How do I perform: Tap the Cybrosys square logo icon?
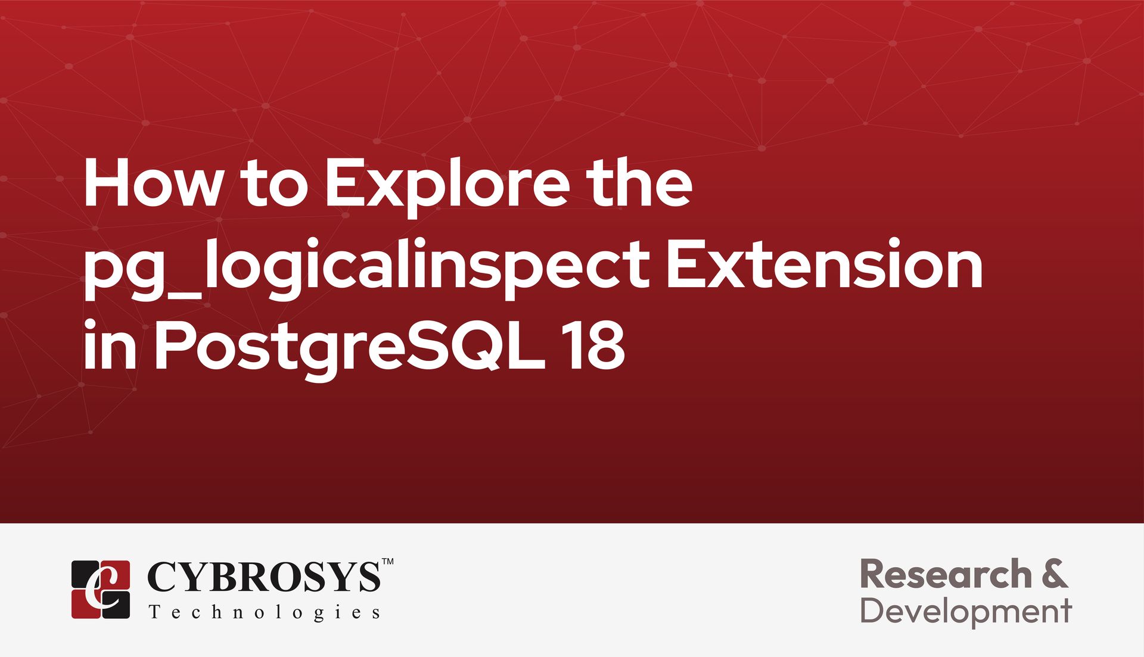[x=101, y=589]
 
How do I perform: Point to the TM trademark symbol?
[x=387, y=561]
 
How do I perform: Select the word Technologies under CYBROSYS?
[x=264, y=613]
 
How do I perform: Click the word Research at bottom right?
[x=946, y=574]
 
